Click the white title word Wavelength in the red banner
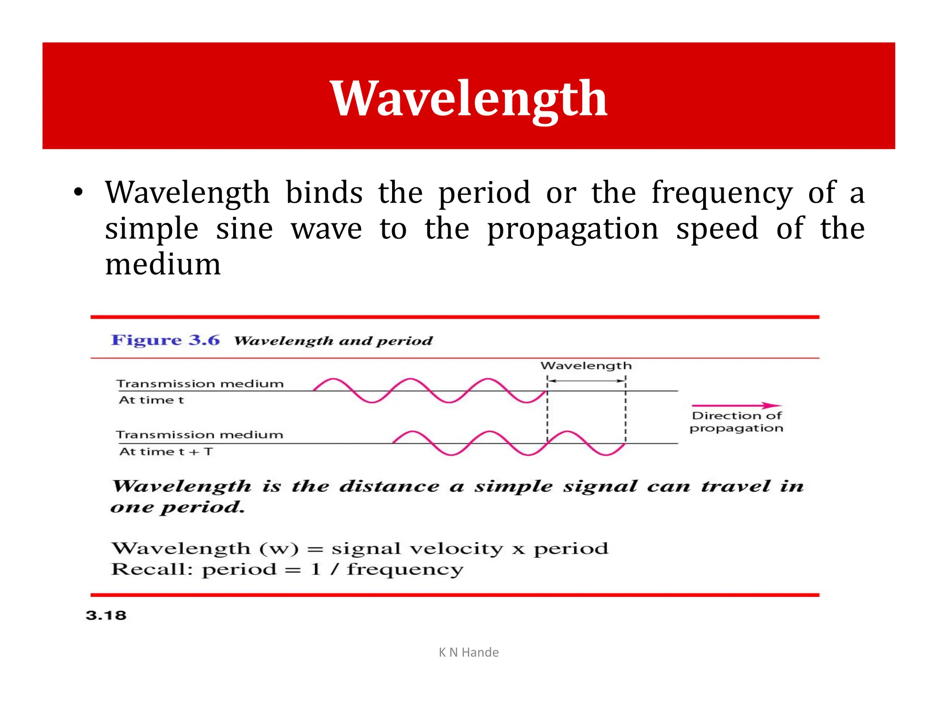tap(469, 98)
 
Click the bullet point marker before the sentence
tap(78, 193)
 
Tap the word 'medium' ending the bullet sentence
tap(163, 265)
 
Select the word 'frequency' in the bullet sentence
tap(722, 193)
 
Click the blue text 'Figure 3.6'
tap(165, 340)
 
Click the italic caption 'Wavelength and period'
tap(333, 341)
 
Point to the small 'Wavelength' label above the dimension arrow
tap(586, 366)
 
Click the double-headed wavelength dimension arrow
tap(586, 380)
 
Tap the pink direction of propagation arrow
tap(736, 405)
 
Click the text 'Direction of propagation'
tap(736, 422)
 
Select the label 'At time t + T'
tap(166, 452)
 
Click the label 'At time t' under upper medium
tap(151, 400)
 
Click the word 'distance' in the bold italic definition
tap(389, 486)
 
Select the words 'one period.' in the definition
tap(178, 507)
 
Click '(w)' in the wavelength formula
tap(279, 548)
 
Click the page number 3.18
tap(106, 615)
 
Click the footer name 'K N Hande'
tap(469, 652)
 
